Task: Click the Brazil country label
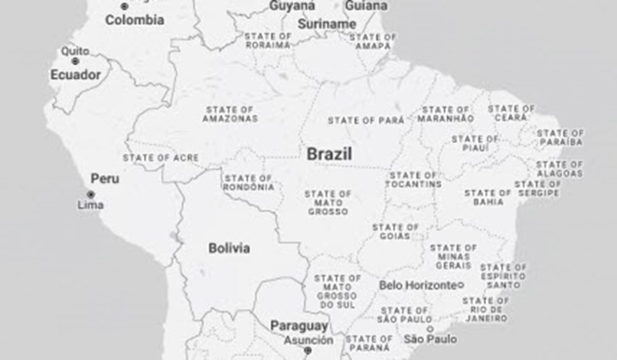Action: tap(330, 154)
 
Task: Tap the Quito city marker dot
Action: tap(75, 61)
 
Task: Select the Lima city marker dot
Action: tap(90, 195)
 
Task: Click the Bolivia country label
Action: tap(230, 248)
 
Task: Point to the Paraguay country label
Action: tap(298, 326)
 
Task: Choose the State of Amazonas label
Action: tap(230, 114)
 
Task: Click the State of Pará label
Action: tap(366, 120)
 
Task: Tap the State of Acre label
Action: tap(161, 158)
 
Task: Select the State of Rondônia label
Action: tap(249, 182)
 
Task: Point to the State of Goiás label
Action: tap(396, 232)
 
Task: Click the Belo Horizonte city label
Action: tap(417, 285)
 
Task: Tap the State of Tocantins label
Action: tap(414, 180)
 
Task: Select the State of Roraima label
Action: tap(267, 41)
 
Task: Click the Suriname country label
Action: tap(326, 24)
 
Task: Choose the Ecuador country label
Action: tap(75, 75)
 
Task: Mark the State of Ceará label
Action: tap(512, 113)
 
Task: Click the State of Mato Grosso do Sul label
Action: tap(337, 291)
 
